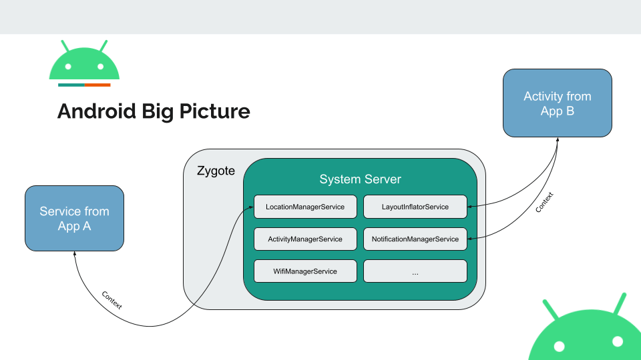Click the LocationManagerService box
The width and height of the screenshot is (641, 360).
(305, 207)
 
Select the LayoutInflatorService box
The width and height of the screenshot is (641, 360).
(415, 207)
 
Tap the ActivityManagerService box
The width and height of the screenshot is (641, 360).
(305, 239)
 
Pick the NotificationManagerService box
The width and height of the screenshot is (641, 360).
(415, 239)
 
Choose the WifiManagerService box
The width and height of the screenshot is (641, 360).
(305, 271)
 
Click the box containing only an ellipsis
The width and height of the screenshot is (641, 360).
(415, 271)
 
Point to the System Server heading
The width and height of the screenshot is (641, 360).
(360, 179)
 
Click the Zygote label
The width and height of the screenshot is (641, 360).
(216, 171)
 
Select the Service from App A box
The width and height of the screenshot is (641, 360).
(74, 219)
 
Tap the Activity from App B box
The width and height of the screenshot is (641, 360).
(557, 103)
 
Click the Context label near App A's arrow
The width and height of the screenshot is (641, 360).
(112, 301)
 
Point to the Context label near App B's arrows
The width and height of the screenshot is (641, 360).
(544, 202)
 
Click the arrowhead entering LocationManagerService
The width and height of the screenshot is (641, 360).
(251, 207)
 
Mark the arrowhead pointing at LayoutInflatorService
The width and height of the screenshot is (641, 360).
(469, 207)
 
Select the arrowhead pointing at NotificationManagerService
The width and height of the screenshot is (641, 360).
(469, 239)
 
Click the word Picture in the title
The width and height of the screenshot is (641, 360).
(214, 111)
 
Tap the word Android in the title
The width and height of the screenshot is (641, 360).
(96, 111)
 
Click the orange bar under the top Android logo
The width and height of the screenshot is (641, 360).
(97, 85)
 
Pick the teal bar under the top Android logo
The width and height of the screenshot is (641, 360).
(71, 85)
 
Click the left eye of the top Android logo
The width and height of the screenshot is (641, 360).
(68, 67)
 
